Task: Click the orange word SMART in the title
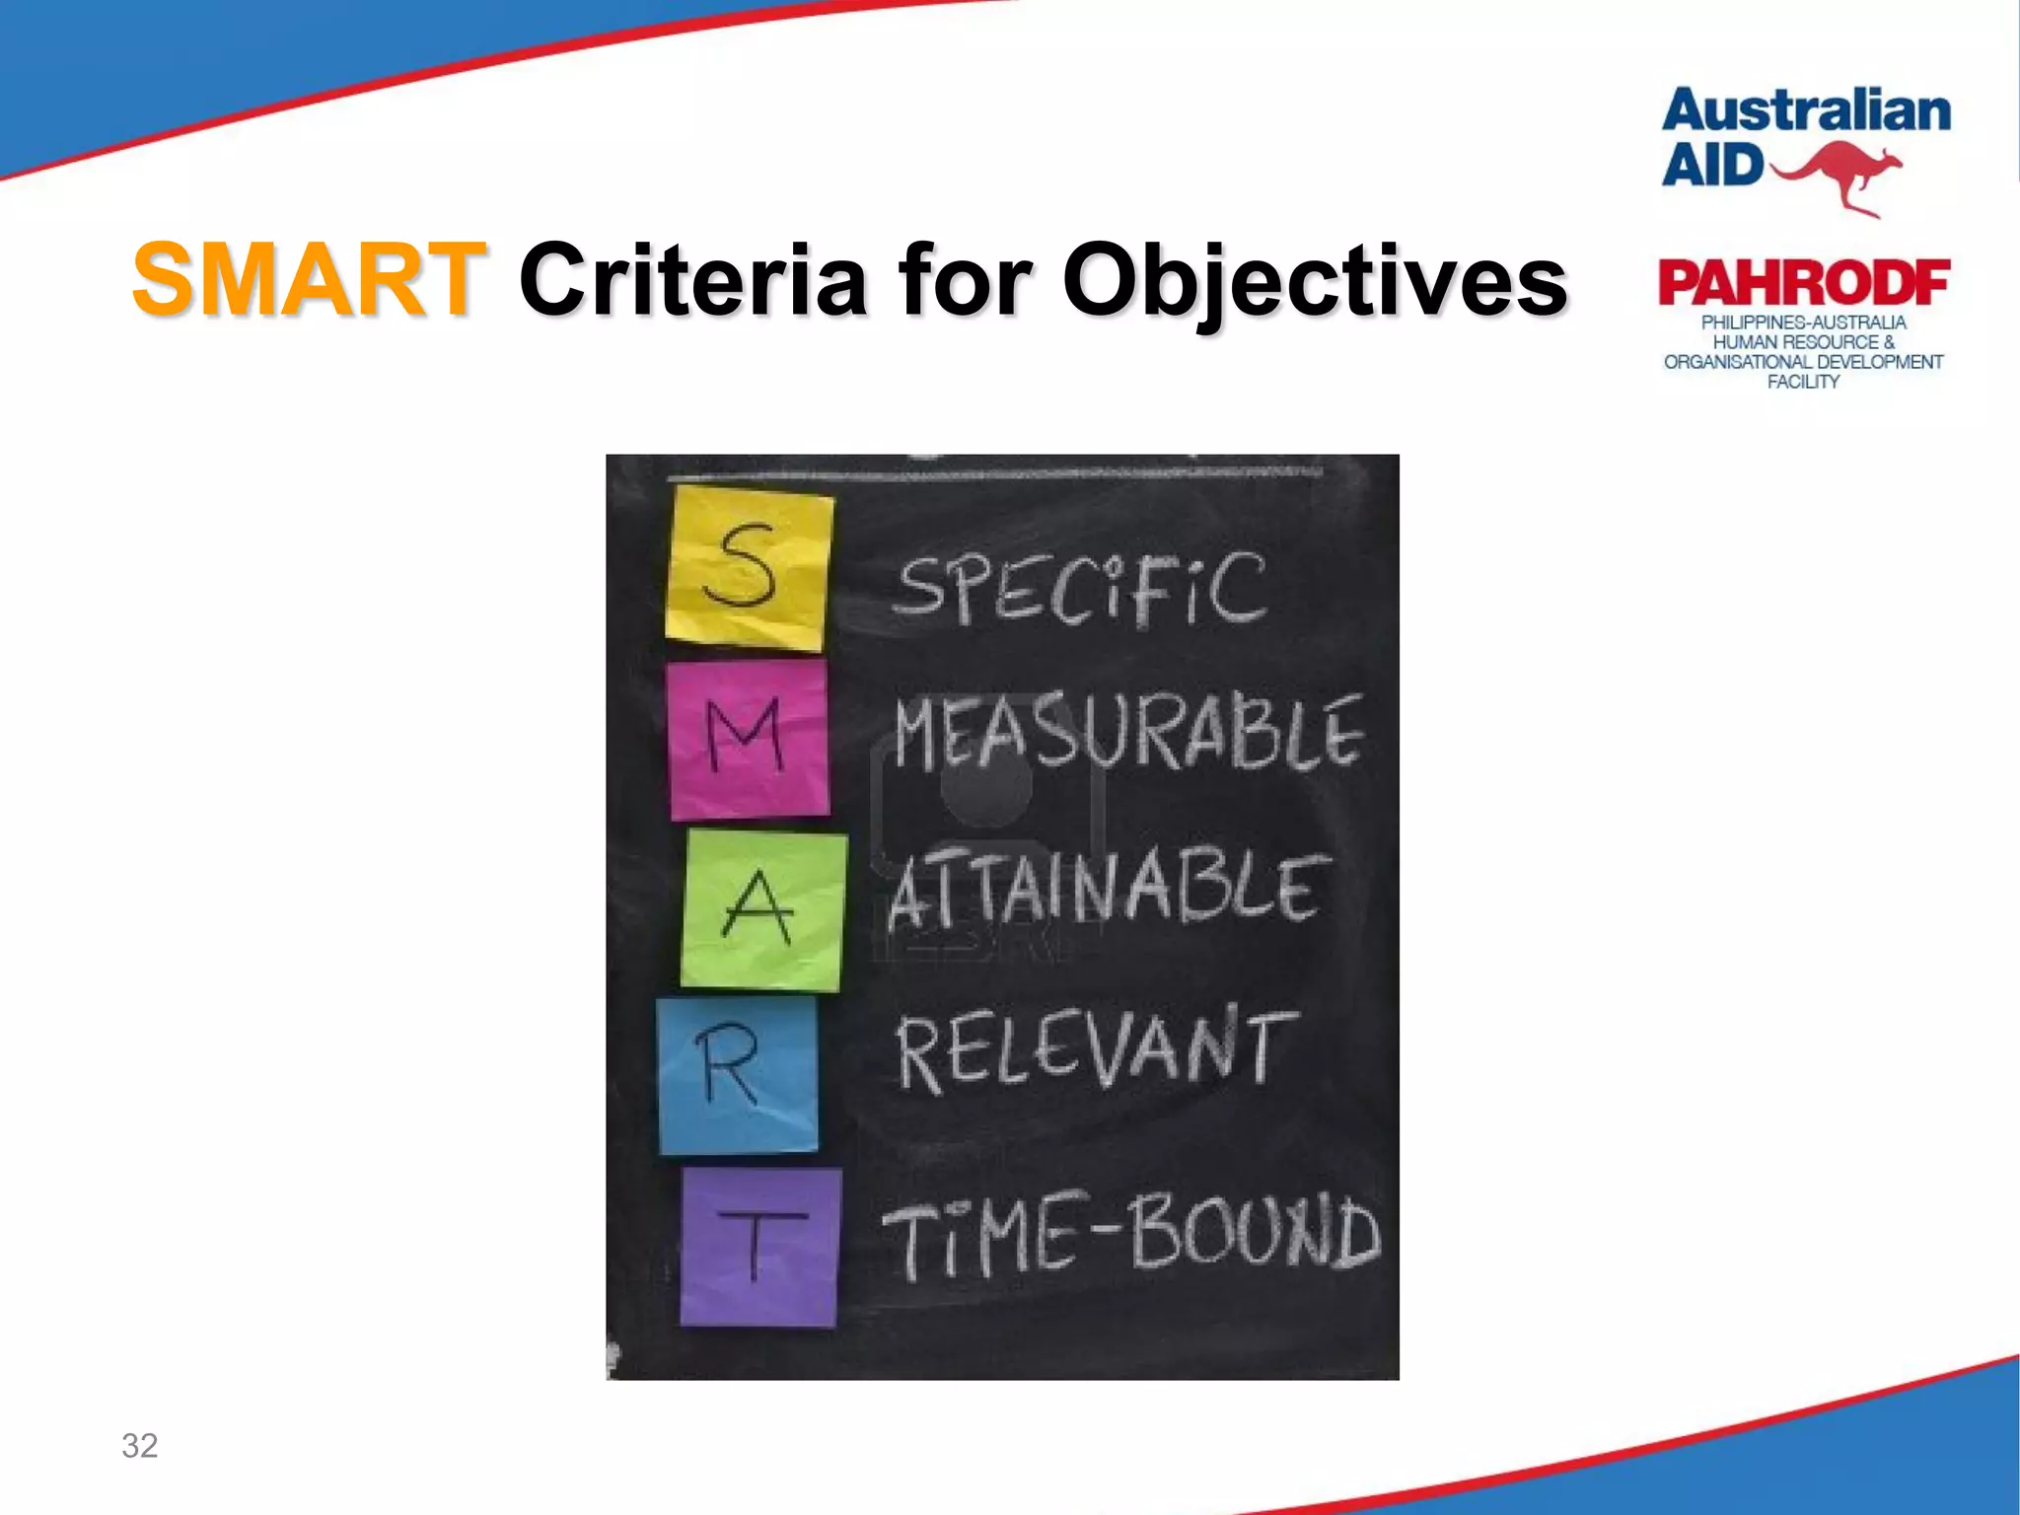point(309,280)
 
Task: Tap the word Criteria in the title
point(692,280)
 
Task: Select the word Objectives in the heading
point(1314,282)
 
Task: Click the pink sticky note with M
point(749,739)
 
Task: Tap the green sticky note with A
point(762,909)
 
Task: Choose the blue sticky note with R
point(738,1074)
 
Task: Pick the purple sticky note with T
point(759,1247)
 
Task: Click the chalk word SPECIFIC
point(1079,589)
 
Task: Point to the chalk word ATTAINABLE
point(1107,890)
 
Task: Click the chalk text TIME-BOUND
point(1131,1233)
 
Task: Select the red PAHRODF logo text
point(1803,283)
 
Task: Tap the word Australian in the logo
point(1806,110)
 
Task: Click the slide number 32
point(139,1445)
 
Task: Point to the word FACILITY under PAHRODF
point(1803,382)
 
